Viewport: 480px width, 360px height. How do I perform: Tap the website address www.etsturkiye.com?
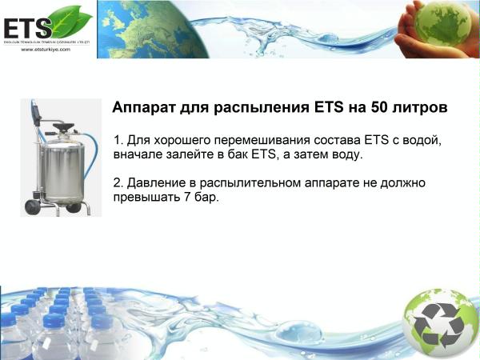click(46, 49)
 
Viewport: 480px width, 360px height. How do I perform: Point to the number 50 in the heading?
click(382, 106)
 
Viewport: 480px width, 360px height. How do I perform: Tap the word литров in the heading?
click(422, 106)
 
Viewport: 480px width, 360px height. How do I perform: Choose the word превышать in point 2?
click(148, 197)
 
